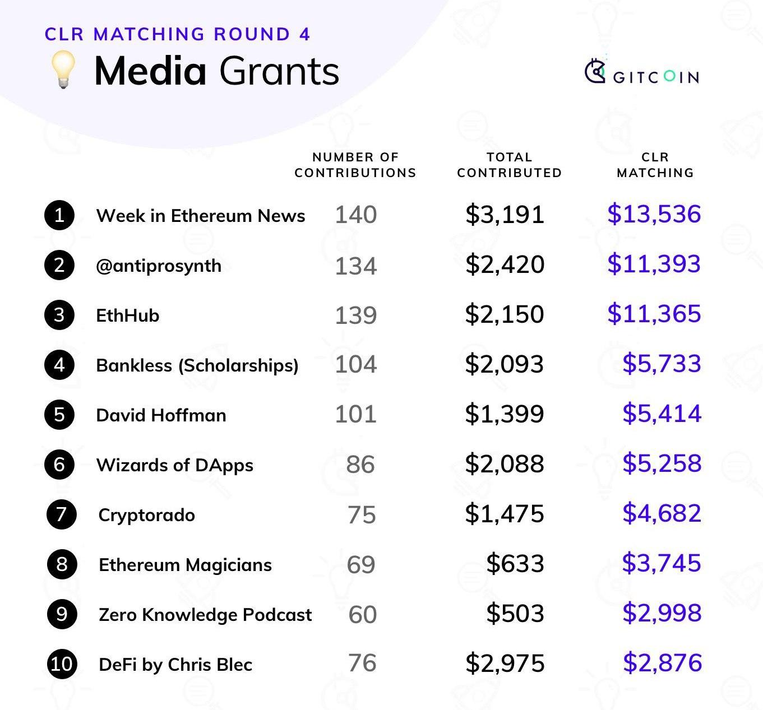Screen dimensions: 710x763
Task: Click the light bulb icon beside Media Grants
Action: click(x=63, y=69)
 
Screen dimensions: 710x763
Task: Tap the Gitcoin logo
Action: click(x=642, y=73)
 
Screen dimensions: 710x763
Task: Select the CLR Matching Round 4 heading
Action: click(x=177, y=34)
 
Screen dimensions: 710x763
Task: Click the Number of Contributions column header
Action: click(x=355, y=165)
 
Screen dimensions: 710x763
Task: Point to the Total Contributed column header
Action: click(x=509, y=165)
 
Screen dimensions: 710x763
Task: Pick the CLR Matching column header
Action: click(x=655, y=165)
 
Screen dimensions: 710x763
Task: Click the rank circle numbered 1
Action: click(x=59, y=215)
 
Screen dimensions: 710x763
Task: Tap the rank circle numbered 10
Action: click(x=62, y=664)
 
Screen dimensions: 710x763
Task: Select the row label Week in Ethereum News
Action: click(x=201, y=216)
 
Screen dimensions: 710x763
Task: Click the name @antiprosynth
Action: click(x=159, y=266)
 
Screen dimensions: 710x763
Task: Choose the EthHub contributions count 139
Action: click(x=356, y=315)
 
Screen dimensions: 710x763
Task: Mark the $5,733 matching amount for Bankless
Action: click(x=662, y=364)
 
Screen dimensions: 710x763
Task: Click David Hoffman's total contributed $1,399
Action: click(x=505, y=414)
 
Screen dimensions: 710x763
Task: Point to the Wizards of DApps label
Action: click(x=174, y=465)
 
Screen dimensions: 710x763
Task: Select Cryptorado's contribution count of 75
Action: click(x=362, y=514)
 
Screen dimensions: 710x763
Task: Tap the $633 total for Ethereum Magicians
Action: click(x=515, y=564)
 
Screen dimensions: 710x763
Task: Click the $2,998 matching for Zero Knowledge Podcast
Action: click(x=662, y=613)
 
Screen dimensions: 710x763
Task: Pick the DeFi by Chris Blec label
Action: click(x=175, y=665)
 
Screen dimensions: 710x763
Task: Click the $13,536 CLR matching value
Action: click(x=654, y=214)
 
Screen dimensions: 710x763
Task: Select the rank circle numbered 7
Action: click(x=62, y=514)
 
